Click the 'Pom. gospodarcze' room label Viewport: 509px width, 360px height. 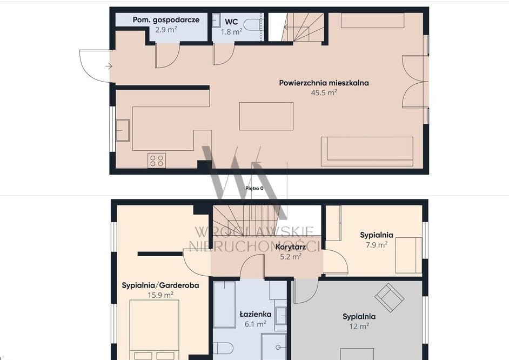coord(166,20)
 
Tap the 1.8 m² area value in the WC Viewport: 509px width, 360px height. coord(231,32)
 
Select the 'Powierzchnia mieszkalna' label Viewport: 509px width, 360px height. coord(324,83)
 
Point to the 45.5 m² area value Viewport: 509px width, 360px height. coord(324,92)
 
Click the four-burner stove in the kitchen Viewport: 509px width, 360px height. coord(157,161)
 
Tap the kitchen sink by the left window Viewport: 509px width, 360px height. coord(122,130)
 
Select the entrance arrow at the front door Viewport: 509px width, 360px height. coord(109,66)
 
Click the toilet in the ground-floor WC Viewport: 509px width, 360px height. coord(253,25)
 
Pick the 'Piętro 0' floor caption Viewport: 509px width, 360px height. coord(254,188)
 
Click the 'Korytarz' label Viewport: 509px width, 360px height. coord(291,247)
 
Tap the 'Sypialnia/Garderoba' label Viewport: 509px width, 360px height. coord(160,285)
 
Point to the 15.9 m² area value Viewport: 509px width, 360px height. coord(160,295)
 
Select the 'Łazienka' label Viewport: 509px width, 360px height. coord(256,314)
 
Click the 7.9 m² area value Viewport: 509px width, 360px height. coord(377,245)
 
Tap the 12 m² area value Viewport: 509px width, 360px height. coord(359,326)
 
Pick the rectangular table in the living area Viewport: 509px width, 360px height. coord(266,116)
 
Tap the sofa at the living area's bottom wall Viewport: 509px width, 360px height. coord(367,151)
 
